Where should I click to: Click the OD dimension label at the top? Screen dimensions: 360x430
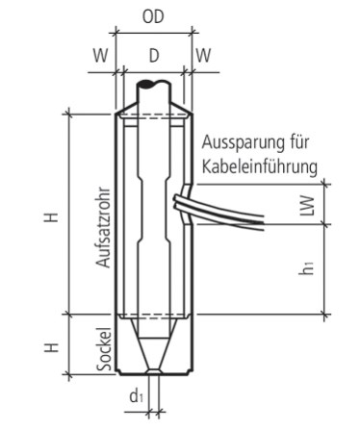tap(153, 17)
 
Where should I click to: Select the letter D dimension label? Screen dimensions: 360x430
tap(154, 56)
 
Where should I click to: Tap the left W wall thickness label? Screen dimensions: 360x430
tap(100, 56)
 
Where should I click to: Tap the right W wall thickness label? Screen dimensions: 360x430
tap(203, 56)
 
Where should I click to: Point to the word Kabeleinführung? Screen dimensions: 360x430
tap(260, 166)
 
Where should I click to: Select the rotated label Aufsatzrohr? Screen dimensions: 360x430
tap(103, 227)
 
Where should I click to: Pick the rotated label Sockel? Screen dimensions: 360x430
tap(105, 349)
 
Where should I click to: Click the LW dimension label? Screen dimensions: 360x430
tap(307, 205)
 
